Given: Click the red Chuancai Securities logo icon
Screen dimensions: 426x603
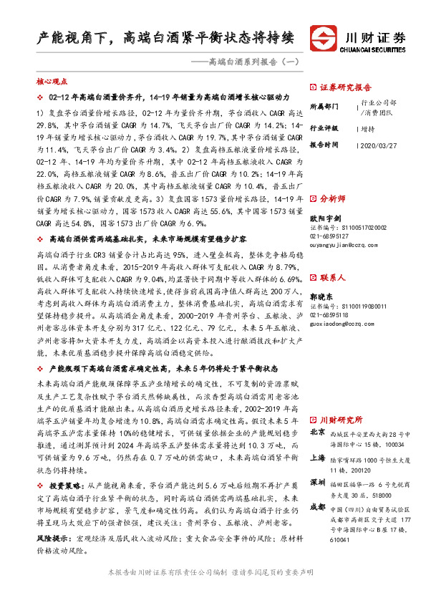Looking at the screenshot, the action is pyautogui.click(x=322, y=37).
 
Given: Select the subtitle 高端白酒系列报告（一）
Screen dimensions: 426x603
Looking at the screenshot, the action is pyautogui.click(x=243, y=63).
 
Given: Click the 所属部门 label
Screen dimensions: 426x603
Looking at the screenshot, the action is pyautogui.click(x=324, y=106).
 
